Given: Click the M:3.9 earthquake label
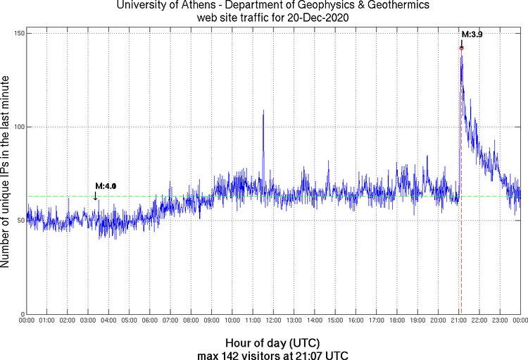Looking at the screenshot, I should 471,34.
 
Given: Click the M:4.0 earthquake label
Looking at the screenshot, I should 105,185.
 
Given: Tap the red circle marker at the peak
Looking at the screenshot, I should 462,48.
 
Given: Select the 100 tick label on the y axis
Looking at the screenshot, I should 18,127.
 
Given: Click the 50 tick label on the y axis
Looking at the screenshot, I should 20,221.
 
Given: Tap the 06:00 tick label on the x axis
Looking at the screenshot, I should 149,321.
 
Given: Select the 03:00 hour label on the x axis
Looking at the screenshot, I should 88,321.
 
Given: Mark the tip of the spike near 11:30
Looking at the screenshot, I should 263,111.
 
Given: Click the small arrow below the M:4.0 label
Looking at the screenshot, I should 96,197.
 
